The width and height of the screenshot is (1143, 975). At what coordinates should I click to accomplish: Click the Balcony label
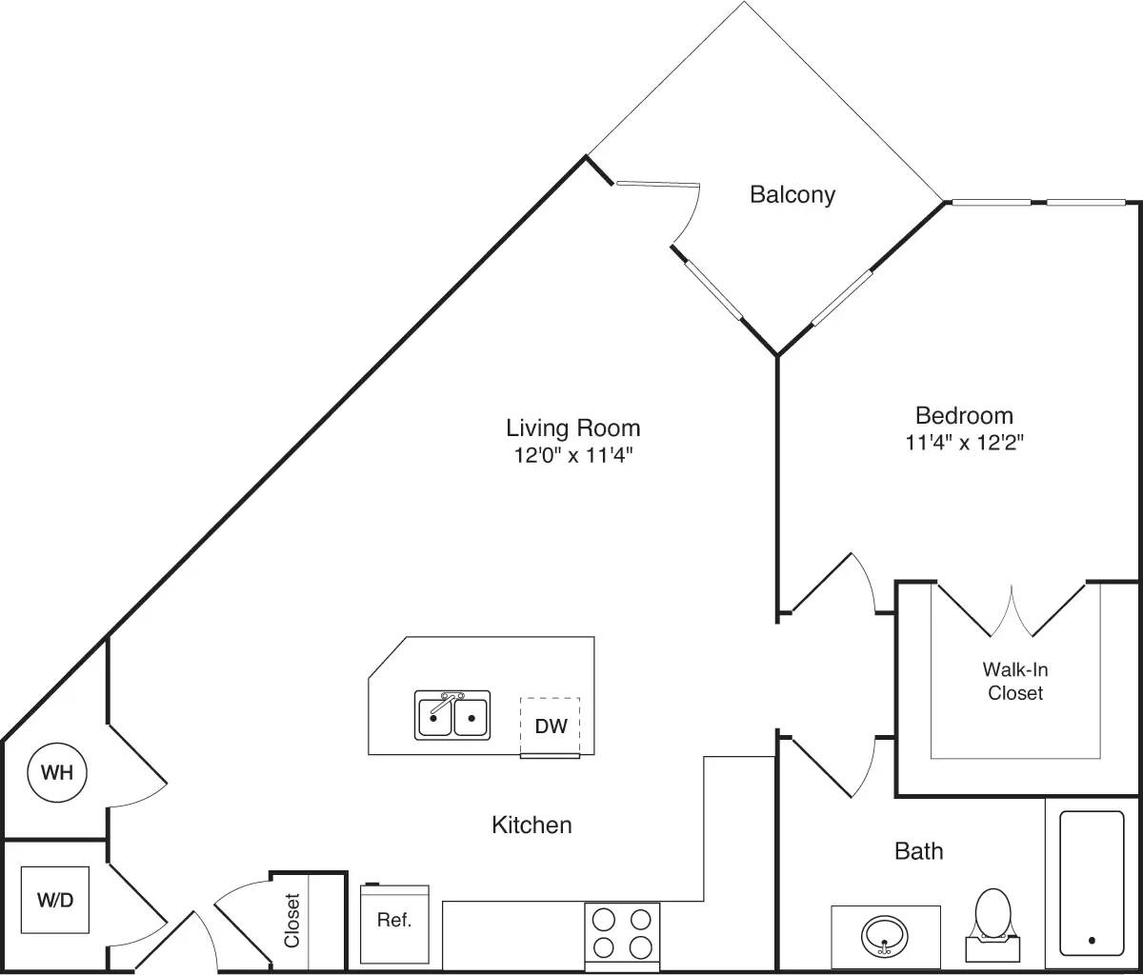pyautogui.click(x=792, y=195)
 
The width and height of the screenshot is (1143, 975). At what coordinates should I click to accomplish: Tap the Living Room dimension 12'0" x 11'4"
pyautogui.click(x=573, y=455)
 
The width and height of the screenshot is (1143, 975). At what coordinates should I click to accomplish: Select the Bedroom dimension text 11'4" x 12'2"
pyautogui.click(x=964, y=442)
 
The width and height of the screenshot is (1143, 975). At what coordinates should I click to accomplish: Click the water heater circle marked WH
pyautogui.click(x=57, y=772)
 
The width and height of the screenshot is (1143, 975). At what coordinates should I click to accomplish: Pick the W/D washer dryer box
pyautogui.click(x=55, y=900)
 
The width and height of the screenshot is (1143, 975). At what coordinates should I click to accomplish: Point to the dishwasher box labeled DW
pyautogui.click(x=551, y=726)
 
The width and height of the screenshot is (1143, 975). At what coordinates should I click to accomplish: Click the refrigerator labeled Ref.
pyautogui.click(x=394, y=922)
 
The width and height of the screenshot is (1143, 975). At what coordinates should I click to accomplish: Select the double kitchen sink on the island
pyautogui.click(x=452, y=715)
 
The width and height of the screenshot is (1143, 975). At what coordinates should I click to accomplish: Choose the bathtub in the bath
pyautogui.click(x=1092, y=883)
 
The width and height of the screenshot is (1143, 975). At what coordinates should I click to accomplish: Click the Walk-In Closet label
pyautogui.click(x=1015, y=682)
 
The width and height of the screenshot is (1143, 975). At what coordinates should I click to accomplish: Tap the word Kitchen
pyautogui.click(x=531, y=825)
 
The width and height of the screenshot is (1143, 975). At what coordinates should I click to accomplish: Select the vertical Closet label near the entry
pyautogui.click(x=292, y=920)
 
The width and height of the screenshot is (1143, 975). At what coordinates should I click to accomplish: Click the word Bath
pyautogui.click(x=919, y=850)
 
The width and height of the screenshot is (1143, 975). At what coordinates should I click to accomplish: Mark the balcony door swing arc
pyautogui.click(x=688, y=214)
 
